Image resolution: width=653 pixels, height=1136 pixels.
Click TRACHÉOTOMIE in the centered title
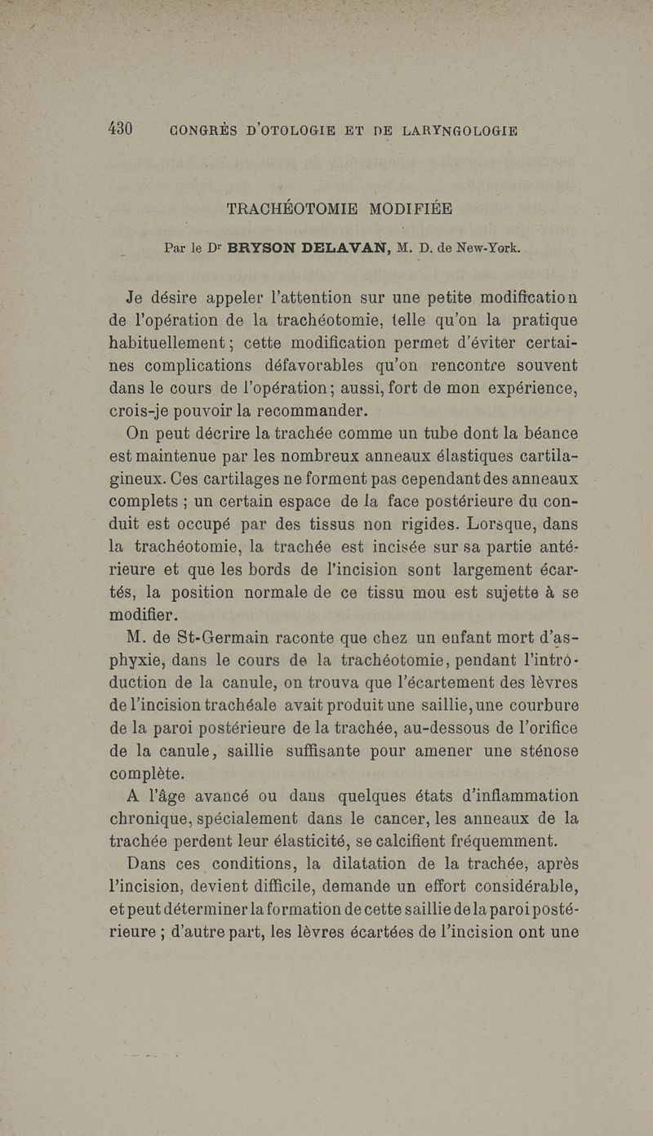(x=292, y=208)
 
